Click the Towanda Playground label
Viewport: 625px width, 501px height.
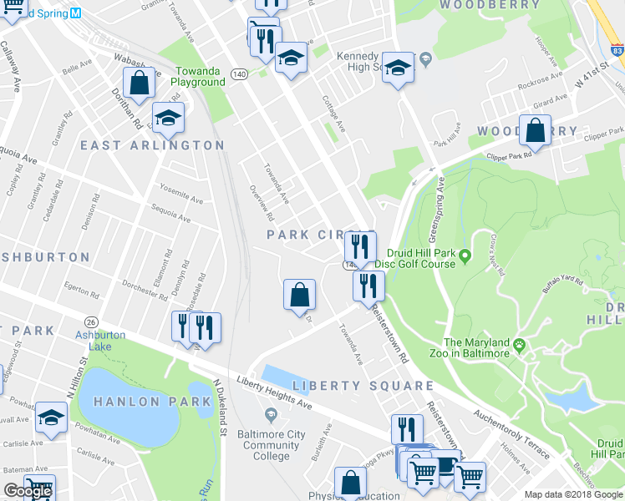point(198,77)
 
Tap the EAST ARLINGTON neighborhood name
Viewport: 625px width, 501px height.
point(153,145)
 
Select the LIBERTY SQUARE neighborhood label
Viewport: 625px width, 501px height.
point(363,386)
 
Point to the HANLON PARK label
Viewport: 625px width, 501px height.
point(152,402)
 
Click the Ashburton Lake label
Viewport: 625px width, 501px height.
point(93,340)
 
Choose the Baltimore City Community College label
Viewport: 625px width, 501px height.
point(271,445)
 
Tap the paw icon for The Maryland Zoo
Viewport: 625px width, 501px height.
point(519,343)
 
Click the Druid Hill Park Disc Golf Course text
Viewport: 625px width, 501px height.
point(426,258)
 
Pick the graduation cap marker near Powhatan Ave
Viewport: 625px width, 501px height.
point(52,417)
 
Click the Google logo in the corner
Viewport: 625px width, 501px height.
point(28,491)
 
